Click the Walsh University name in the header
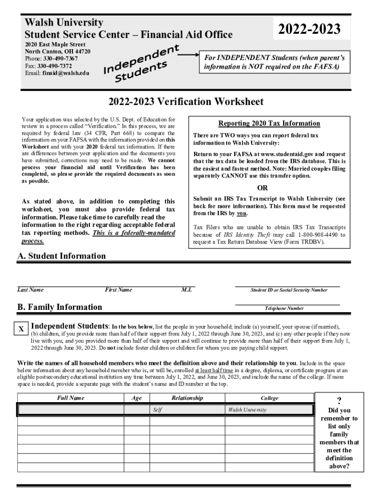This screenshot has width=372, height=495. click(64, 23)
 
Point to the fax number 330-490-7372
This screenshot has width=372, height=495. click(55, 66)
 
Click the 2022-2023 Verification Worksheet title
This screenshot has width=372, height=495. click(186, 102)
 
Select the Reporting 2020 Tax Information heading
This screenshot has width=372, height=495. click(269, 123)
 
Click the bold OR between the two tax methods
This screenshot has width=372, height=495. click(262, 188)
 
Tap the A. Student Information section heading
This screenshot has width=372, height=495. click(61, 256)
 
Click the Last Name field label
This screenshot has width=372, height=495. click(30, 290)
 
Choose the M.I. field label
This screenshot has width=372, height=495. click(187, 290)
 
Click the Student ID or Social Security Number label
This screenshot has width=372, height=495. click(288, 290)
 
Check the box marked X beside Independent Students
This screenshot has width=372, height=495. click(21, 329)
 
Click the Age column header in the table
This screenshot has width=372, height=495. click(136, 398)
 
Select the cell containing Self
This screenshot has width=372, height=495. click(157, 410)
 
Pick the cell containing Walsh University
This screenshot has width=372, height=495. click(247, 410)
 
